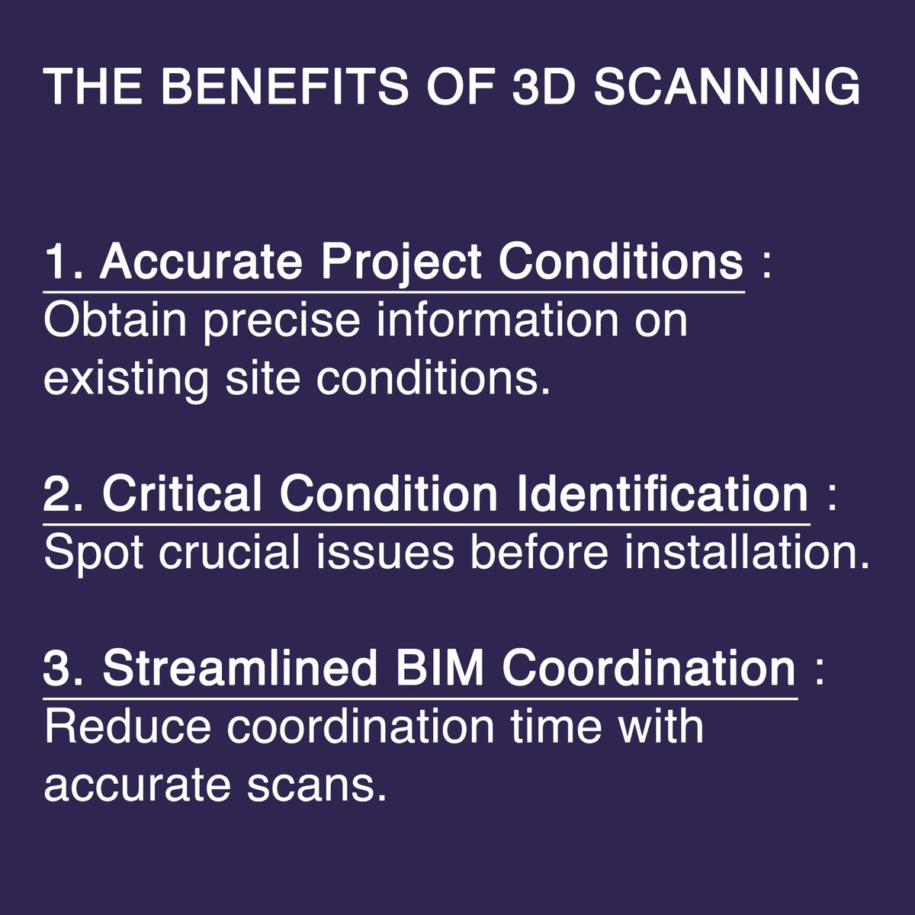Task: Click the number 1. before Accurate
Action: coord(66,263)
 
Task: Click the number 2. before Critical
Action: coord(67,495)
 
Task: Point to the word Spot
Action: coord(94,554)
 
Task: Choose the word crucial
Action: coord(230,552)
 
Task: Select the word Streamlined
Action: coord(240,669)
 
